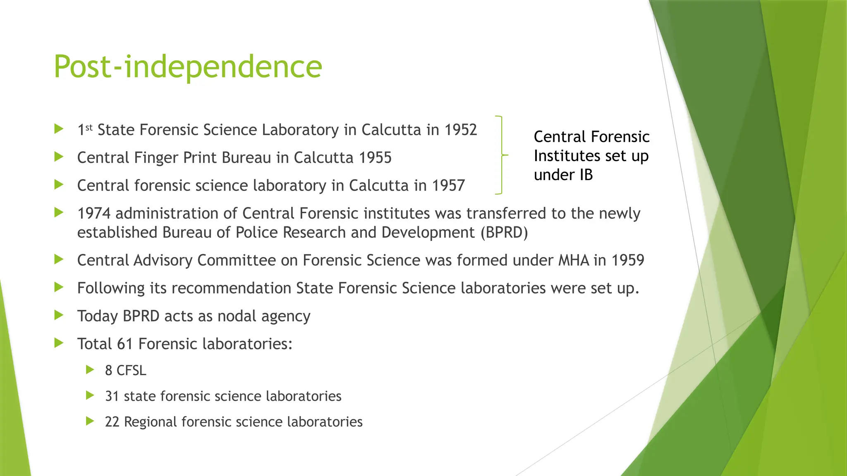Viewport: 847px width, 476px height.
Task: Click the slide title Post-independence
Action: [188, 67]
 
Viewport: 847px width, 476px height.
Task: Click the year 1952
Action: [460, 130]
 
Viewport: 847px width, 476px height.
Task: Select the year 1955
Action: [375, 158]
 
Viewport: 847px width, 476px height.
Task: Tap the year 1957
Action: [448, 186]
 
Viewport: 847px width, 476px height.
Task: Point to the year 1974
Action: [94, 214]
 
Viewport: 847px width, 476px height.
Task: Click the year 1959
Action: [628, 260]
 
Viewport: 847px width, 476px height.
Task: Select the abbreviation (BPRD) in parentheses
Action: [504, 233]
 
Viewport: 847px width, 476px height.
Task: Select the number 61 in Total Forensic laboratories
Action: [125, 344]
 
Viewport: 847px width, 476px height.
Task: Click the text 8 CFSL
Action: [125, 370]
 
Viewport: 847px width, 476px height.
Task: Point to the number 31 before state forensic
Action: [112, 396]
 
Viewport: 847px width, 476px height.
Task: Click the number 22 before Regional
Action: [112, 422]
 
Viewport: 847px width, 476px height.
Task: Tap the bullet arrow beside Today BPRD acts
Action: [59, 316]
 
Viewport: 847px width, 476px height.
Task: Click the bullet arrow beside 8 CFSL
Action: [90, 370]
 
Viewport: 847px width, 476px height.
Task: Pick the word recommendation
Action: [231, 288]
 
